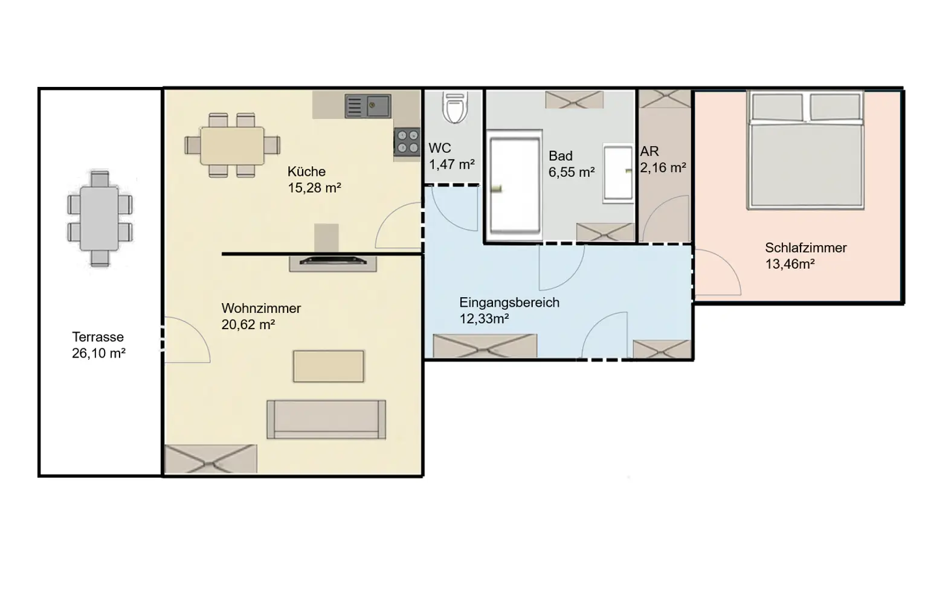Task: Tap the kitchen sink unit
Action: (368, 106)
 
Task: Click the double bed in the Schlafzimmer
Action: (805, 151)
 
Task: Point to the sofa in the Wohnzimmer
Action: (326, 418)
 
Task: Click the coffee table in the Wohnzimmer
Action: (329, 366)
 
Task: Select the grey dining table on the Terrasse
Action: (100, 219)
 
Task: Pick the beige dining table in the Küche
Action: (233, 146)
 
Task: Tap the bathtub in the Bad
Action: (514, 186)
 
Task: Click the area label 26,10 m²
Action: (98, 353)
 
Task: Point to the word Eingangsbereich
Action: (509, 303)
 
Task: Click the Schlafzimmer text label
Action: (805, 248)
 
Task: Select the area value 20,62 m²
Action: (248, 324)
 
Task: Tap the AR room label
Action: (649, 152)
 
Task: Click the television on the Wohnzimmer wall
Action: (333, 261)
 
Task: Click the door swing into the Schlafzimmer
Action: (716, 275)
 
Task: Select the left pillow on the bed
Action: (776, 107)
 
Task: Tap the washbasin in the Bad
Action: (618, 173)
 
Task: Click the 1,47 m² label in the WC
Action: (451, 164)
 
